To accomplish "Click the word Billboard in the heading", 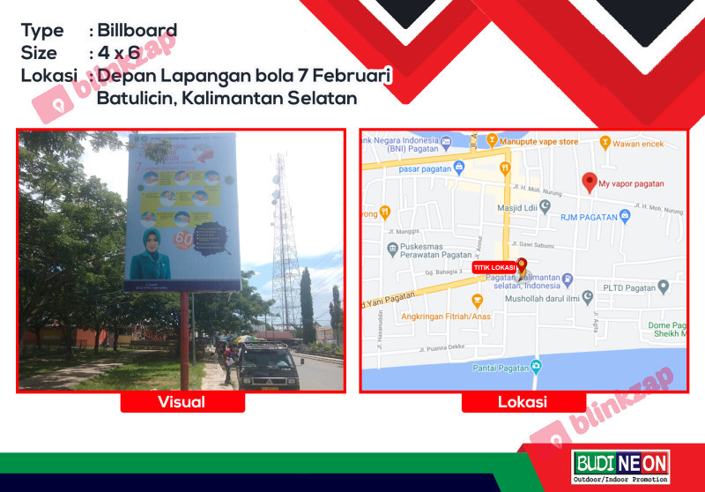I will tap(137, 31).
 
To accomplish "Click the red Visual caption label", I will tap(182, 402).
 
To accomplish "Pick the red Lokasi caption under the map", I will tap(523, 402).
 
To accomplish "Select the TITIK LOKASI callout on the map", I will tap(493, 267).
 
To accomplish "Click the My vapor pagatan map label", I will tap(631, 184).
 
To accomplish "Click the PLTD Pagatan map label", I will tap(629, 287).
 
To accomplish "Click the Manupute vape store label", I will tap(538, 141).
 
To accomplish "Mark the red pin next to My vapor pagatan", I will tap(590, 182).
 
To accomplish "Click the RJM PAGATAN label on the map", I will tap(592, 214).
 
